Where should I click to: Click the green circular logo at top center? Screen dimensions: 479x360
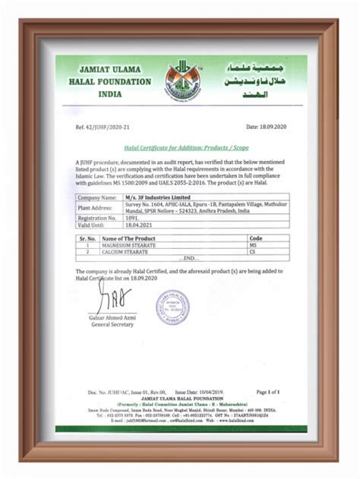[181, 78]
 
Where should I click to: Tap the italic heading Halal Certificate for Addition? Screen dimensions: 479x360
[180, 149]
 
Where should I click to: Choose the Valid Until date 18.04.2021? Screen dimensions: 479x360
[137, 225]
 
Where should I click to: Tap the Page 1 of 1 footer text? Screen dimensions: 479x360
[268, 392]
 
